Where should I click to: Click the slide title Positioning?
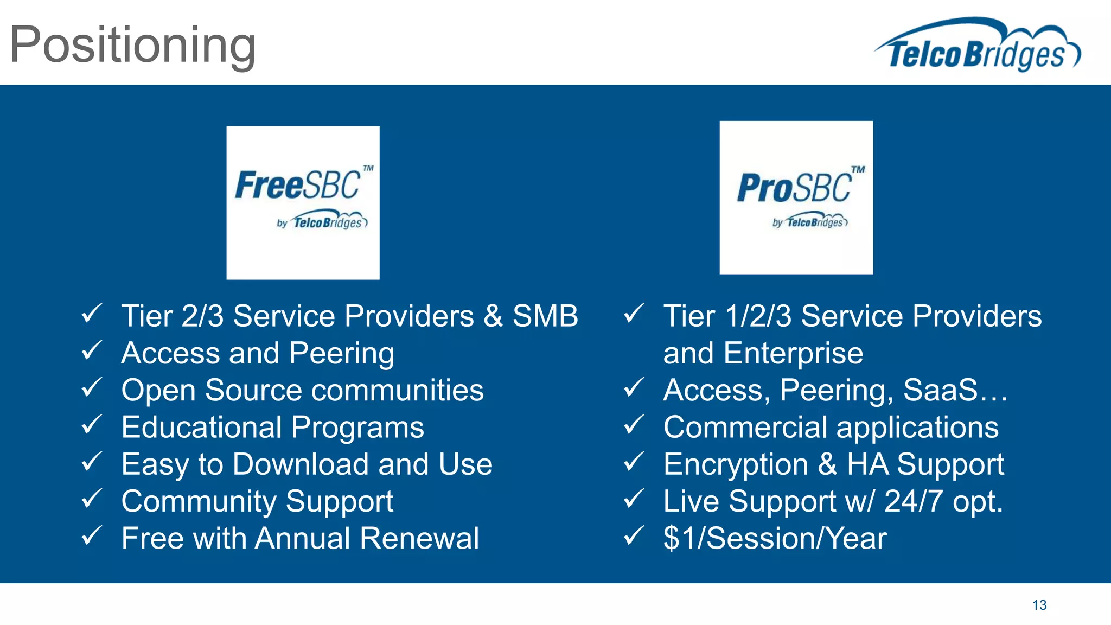pyautogui.click(x=132, y=46)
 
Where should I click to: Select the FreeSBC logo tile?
pyautogui.click(x=303, y=203)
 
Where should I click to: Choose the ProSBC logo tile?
pyautogui.click(x=796, y=197)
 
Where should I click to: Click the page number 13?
pyautogui.click(x=1039, y=605)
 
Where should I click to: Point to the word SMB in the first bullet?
pyautogui.click(x=545, y=316)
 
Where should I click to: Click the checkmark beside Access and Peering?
pyautogui.click(x=92, y=351)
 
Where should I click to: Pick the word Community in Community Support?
pyautogui.click(x=198, y=501)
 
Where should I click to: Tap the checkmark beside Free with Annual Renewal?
pyautogui.click(x=92, y=536)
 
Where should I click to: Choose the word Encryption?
pyautogui.click(x=736, y=465)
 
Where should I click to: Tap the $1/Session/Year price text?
pyautogui.click(x=775, y=538)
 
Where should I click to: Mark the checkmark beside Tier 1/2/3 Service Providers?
pyautogui.click(x=634, y=314)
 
